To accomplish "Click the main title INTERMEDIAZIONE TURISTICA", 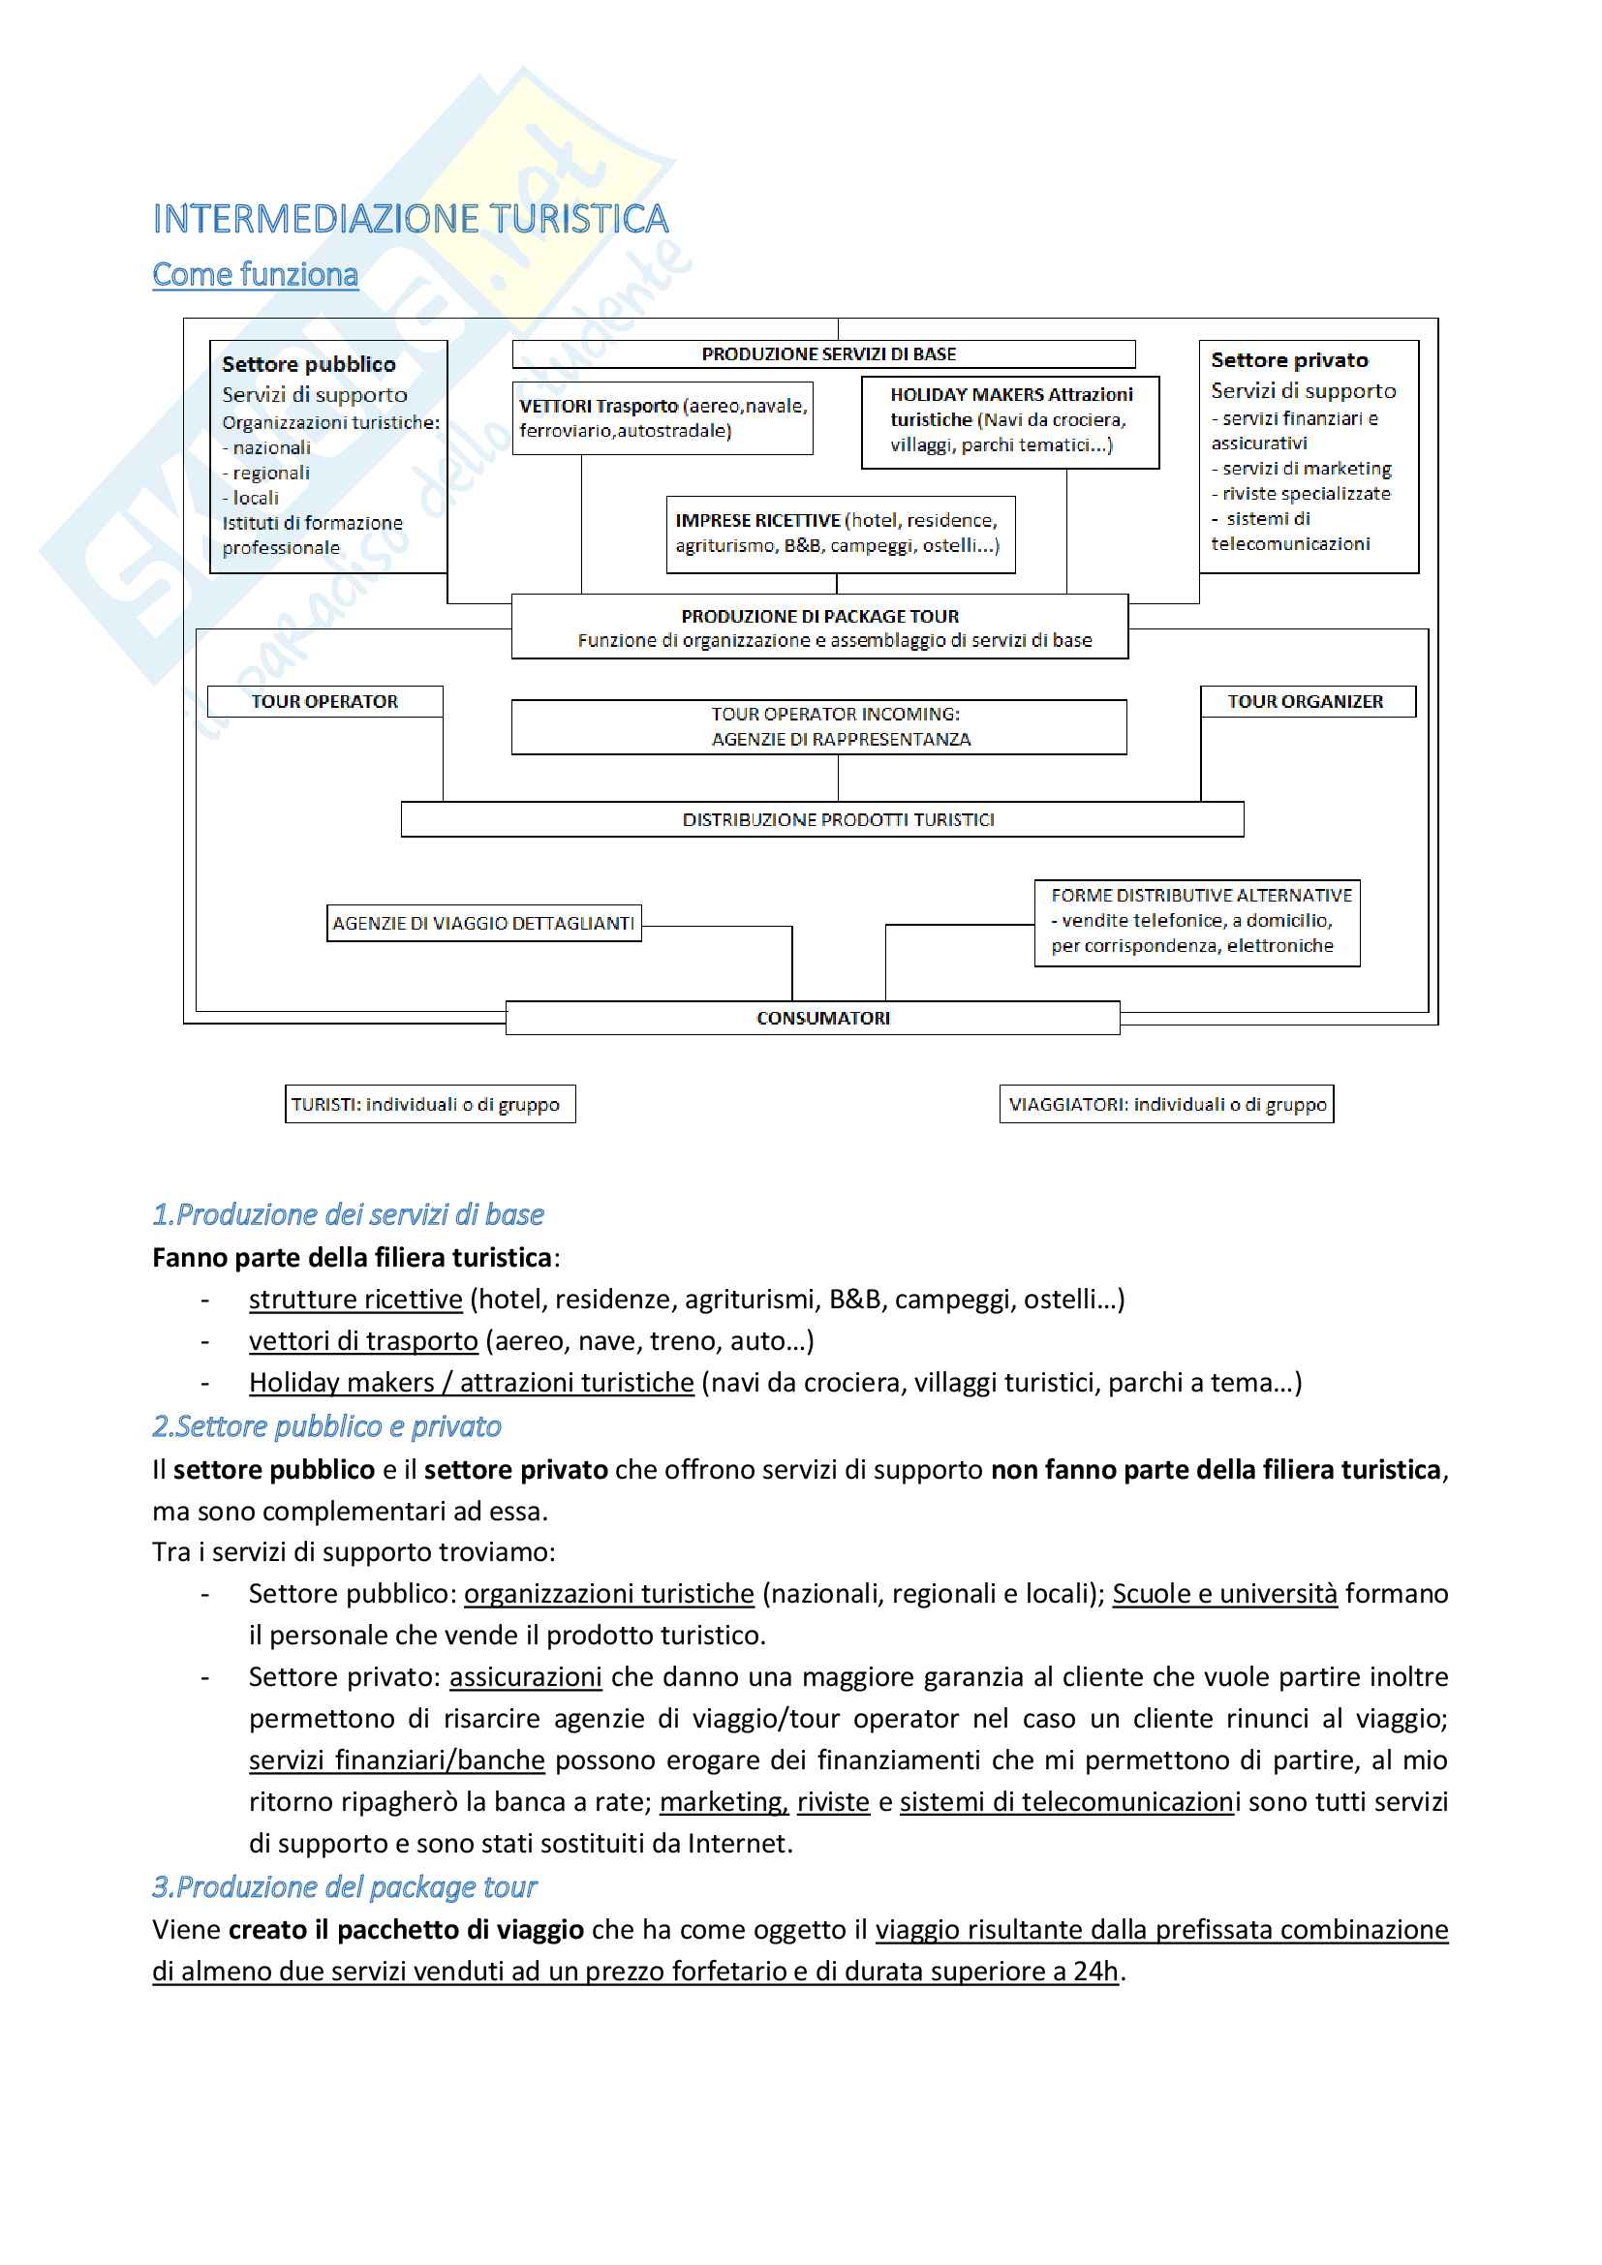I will pos(411,219).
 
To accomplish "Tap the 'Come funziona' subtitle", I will pos(255,274).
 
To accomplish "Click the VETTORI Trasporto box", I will pos(662,418).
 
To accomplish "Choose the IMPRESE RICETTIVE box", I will pos(840,534).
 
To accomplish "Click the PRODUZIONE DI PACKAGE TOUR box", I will pos(819,627).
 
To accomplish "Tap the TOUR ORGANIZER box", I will pos(1306,701).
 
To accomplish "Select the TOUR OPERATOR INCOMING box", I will pos(819,727).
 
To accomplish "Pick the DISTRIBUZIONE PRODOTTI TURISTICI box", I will pos(821,820).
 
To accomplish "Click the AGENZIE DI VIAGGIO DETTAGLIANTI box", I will pos(483,924).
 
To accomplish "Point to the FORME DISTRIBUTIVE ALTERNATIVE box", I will pos(1196,921).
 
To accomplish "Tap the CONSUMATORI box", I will pos(813,1018).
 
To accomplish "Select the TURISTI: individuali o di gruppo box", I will pos(430,1105).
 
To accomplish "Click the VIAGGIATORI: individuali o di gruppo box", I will pos(1166,1105).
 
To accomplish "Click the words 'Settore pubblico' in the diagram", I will pos(309,364).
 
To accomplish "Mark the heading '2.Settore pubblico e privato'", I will pos(326,1426).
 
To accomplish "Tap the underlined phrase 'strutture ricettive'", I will pos(355,1300).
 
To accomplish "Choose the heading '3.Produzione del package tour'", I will pos(344,1887).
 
